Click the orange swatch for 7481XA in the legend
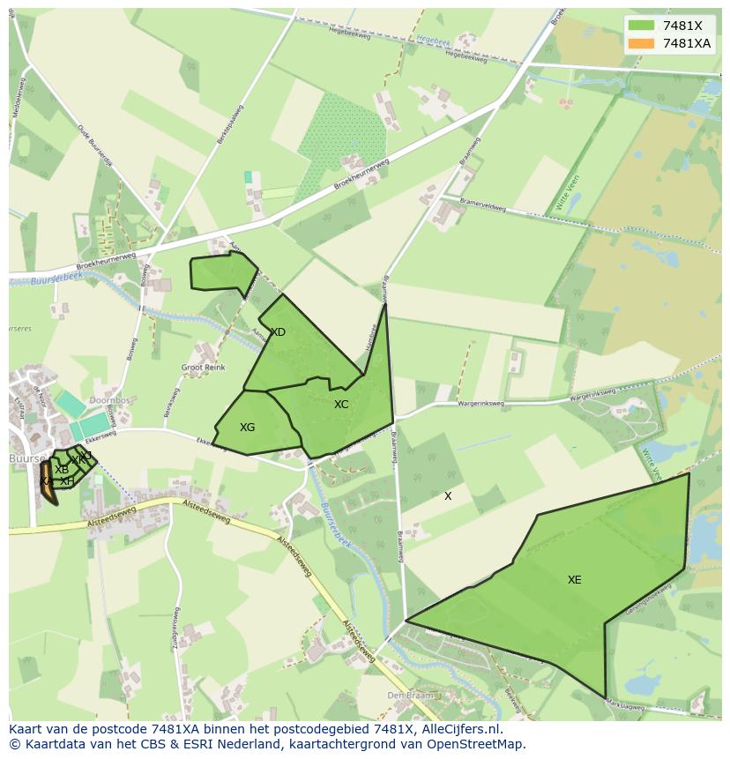tap(641, 43)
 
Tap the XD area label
tap(278, 332)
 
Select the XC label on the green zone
tap(341, 405)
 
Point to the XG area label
tap(247, 428)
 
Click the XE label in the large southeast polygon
tap(574, 580)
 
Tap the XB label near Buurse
tap(62, 470)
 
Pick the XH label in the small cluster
tap(66, 481)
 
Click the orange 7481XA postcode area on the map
tap(47, 485)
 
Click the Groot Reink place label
tap(203, 368)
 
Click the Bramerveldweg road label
tap(483, 205)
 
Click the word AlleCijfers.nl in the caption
tap(458, 729)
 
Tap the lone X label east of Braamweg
tap(448, 496)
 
